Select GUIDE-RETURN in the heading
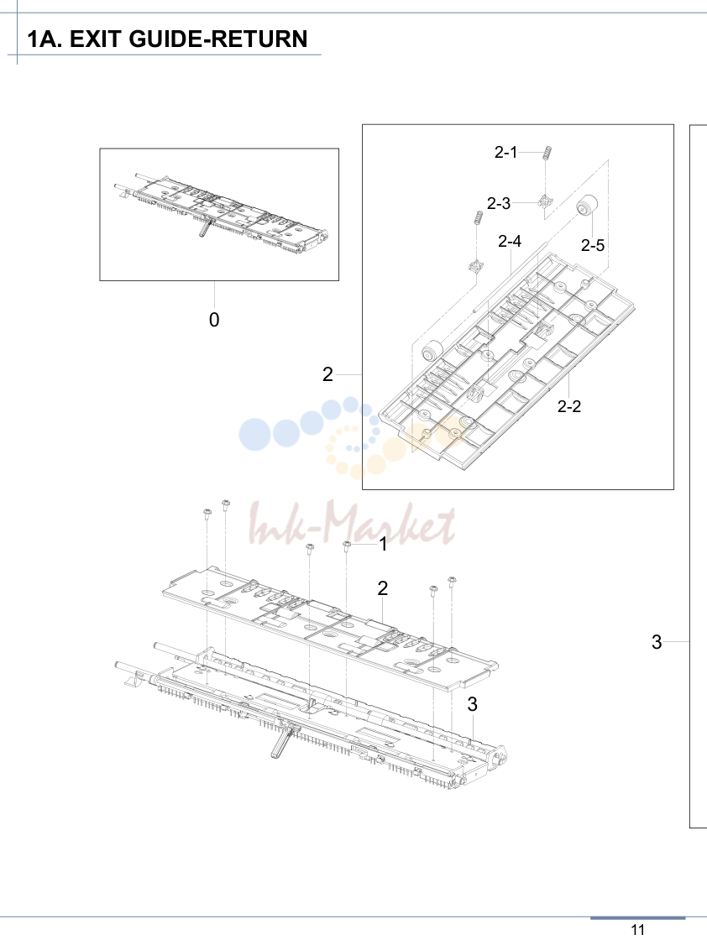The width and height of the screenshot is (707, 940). (218, 39)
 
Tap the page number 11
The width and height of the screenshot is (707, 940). (637, 930)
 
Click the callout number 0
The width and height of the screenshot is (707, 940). (214, 320)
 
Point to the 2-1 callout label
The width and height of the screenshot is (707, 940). (505, 152)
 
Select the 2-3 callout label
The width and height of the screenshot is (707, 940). (498, 204)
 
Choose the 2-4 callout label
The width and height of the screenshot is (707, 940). (510, 241)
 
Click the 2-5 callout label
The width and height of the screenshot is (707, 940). (593, 245)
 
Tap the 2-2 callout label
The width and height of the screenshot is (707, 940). (569, 406)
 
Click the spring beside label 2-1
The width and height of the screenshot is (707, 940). (547, 153)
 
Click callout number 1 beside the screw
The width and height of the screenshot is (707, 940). (383, 545)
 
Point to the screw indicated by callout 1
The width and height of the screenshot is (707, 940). (347, 545)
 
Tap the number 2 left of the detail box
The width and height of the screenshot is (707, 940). (327, 374)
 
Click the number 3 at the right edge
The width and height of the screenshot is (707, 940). (657, 642)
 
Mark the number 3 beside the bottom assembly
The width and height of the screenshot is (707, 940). (473, 704)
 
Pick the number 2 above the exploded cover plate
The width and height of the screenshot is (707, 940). (383, 588)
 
